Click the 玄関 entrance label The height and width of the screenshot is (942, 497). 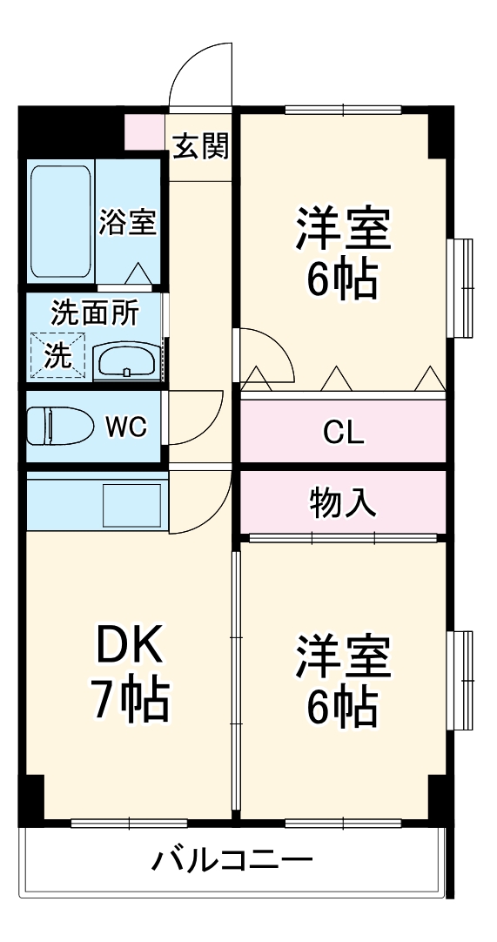200,145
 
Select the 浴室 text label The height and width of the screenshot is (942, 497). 127,222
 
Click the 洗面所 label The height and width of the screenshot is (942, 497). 94,311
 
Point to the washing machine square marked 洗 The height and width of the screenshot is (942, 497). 57,356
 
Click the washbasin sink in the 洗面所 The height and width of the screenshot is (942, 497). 127,360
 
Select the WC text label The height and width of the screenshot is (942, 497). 126,427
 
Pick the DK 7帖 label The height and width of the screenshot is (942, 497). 130,673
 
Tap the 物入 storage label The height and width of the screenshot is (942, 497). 343,502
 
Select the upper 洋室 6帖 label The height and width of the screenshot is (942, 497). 341,252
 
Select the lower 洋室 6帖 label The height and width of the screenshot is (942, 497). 341,681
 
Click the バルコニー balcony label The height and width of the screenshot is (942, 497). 233,862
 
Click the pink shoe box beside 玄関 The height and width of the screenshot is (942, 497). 145,129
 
